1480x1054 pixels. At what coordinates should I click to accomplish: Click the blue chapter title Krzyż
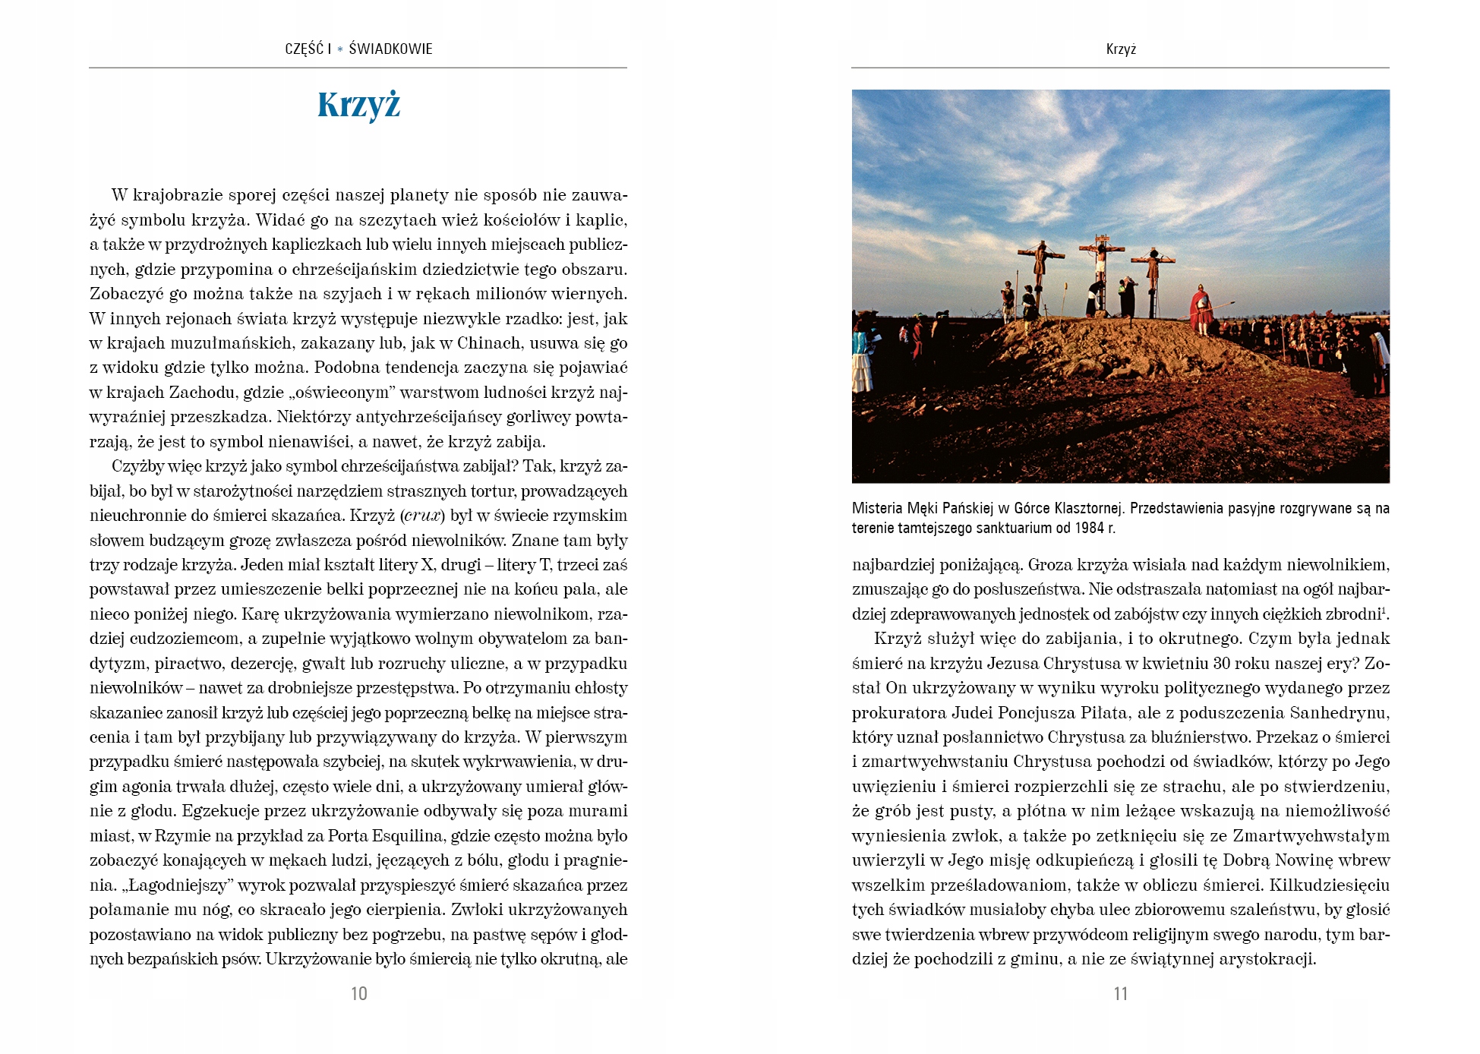coord(358,106)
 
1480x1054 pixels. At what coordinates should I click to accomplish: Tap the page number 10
coord(359,993)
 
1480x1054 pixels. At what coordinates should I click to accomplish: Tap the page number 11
coord(1121,993)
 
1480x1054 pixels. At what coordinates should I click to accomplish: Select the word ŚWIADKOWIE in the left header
coord(390,49)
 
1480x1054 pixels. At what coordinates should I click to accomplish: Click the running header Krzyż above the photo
coord(1121,49)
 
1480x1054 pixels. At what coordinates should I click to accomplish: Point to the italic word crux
coord(422,516)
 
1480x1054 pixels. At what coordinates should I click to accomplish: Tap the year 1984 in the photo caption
coord(1089,528)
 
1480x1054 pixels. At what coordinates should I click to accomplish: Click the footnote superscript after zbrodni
coord(1384,609)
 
